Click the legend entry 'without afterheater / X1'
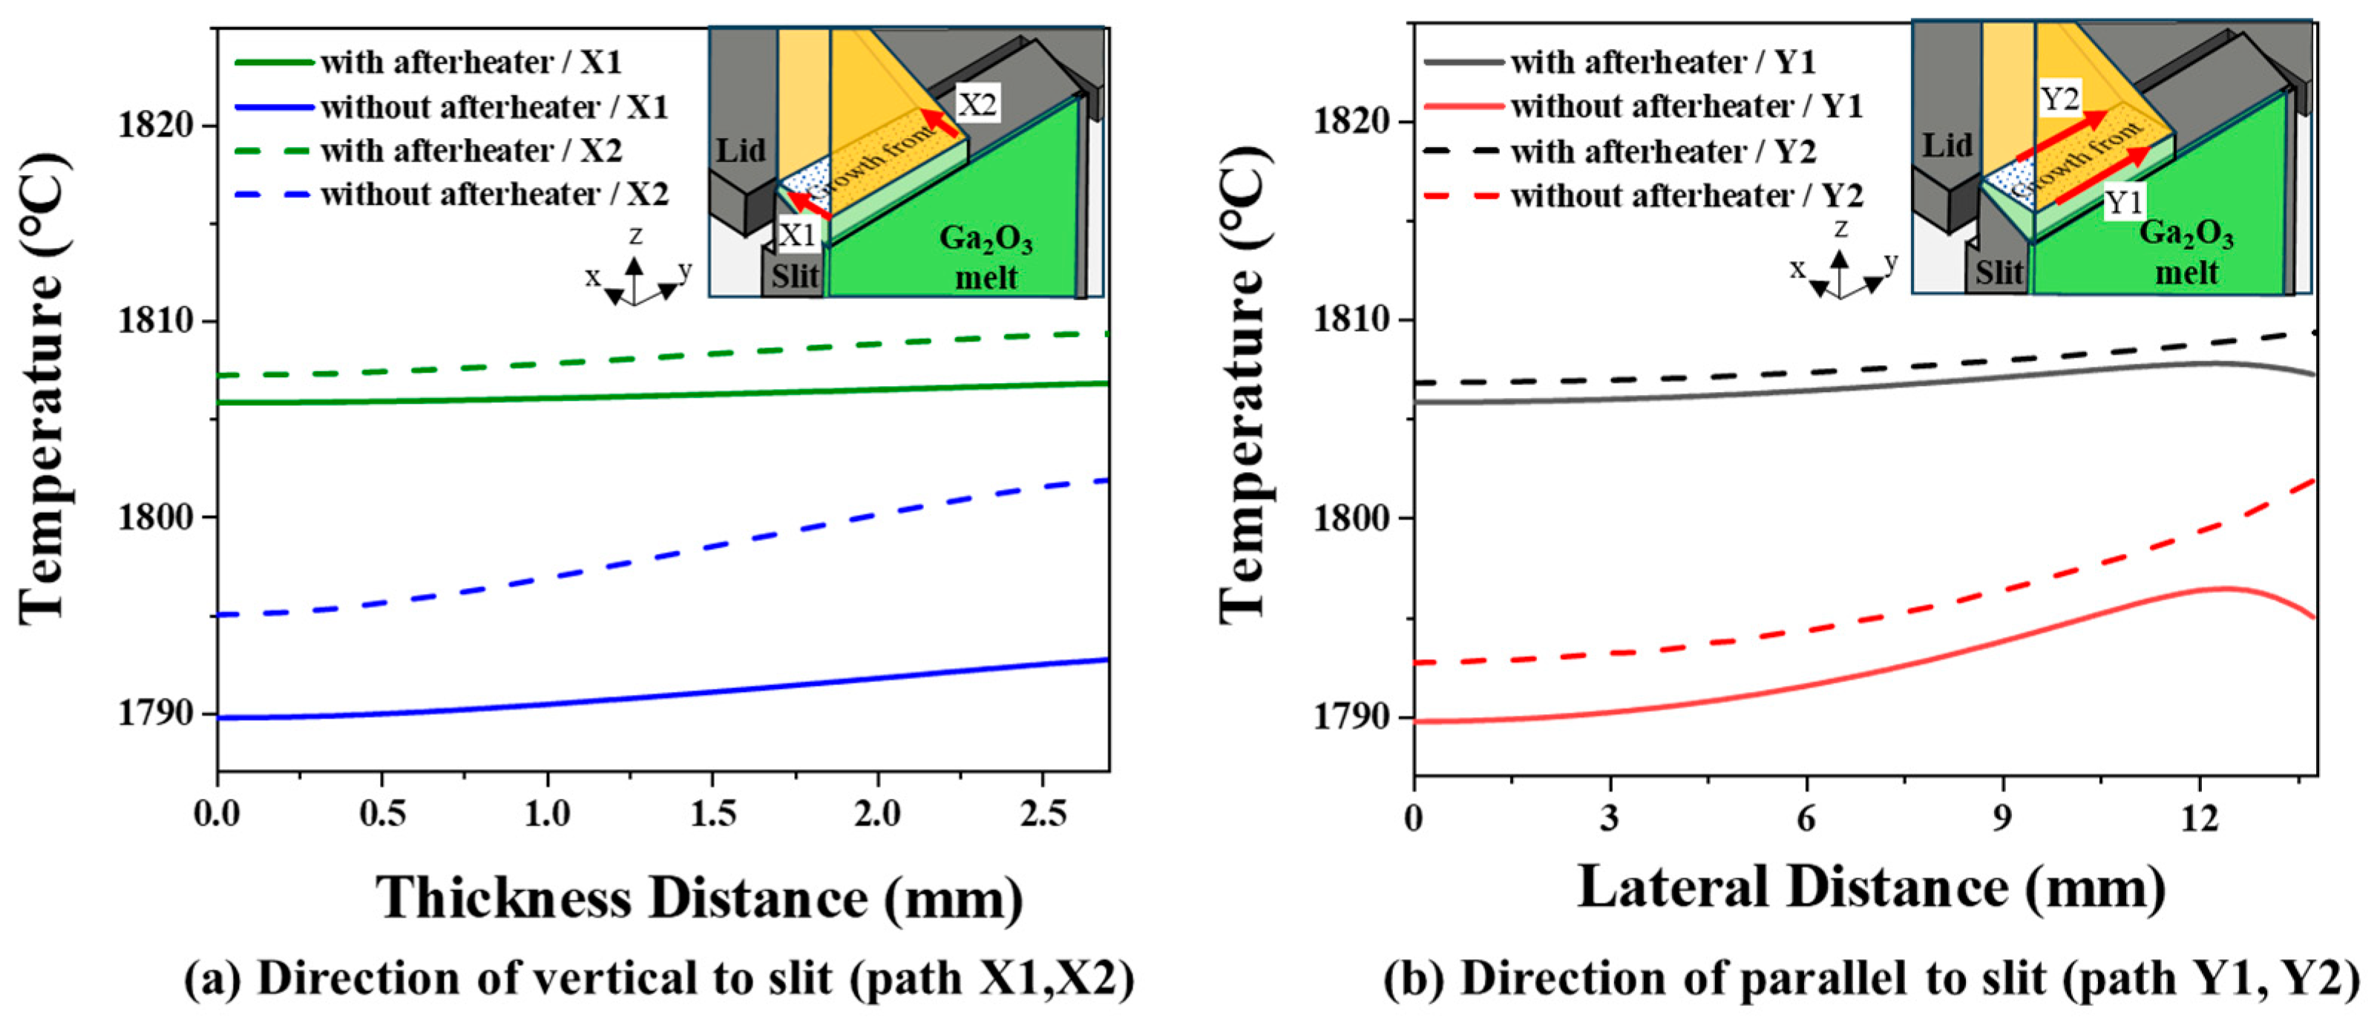(494, 107)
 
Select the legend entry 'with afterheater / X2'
(471, 151)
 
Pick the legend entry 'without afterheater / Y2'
(1686, 196)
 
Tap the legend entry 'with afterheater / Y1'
(1663, 62)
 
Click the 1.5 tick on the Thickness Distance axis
(712, 814)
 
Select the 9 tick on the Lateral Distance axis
(2002, 820)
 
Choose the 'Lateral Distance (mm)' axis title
(1871, 889)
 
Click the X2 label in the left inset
(977, 105)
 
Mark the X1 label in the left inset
(796, 235)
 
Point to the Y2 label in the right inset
(2059, 99)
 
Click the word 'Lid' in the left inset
(741, 150)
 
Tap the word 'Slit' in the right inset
(1999, 273)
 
